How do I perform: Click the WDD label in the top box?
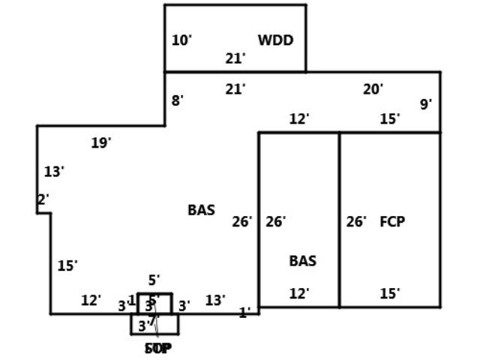tap(275, 40)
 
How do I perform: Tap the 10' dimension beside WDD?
tap(181, 40)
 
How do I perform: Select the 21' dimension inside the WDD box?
tap(235, 58)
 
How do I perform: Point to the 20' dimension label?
tap(373, 89)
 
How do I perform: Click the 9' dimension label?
tap(425, 104)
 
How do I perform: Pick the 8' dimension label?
tap(177, 100)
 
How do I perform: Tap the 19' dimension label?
tap(101, 142)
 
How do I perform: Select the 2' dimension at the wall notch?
tap(43, 199)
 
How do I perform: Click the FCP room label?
tap(392, 221)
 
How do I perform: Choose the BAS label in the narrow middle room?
tap(302, 261)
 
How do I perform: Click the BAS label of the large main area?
tap(201, 210)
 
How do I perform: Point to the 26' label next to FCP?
tap(356, 221)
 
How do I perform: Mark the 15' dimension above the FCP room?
tap(389, 118)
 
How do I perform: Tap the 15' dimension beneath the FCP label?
tap(389, 293)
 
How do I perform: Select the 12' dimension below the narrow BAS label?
tap(299, 293)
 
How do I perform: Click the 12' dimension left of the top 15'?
tap(299, 118)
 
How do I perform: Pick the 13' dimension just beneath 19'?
tap(53, 172)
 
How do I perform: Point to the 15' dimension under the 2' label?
tap(67, 265)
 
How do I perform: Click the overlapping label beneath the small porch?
tap(157, 348)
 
